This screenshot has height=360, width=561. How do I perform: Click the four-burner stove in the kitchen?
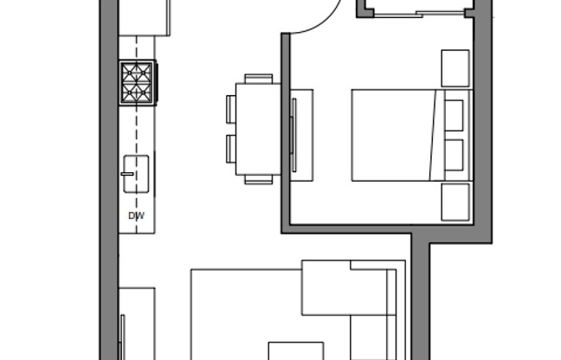point(138,82)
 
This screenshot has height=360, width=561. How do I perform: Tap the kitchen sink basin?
point(137,175)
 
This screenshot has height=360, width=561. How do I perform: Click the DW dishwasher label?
point(136,215)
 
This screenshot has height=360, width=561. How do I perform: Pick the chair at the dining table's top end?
point(258,78)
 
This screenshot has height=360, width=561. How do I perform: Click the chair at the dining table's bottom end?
point(259,180)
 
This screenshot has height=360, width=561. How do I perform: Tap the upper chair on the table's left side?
point(231,108)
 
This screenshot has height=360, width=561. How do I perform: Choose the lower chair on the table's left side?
point(231,148)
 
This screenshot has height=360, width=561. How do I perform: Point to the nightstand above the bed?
point(455,67)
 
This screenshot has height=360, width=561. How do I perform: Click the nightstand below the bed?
point(455,201)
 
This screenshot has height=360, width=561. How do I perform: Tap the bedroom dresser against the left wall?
point(300,135)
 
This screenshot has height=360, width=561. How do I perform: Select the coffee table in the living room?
point(295,350)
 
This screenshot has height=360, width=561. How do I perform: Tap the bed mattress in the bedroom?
point(391,134)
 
